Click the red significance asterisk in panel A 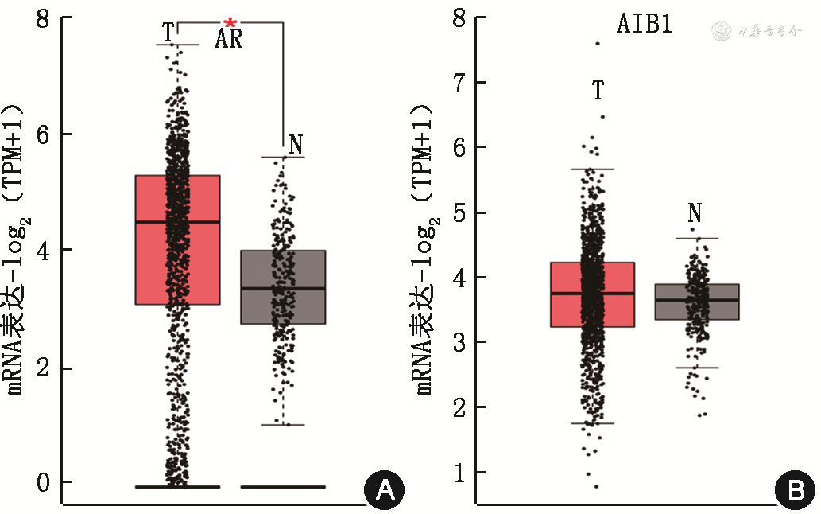(230, 22)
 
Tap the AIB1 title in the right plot (645, 24)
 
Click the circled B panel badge (794, 490)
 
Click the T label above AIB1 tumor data (598, 91)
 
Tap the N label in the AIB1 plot (695, 213)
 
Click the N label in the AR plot (296, 145)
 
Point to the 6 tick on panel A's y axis (45, 134)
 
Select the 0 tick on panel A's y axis (45, 482)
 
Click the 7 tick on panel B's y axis (459, 83)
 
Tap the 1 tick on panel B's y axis (459, 473)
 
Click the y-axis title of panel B (426, 247)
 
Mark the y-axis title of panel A (17, 247)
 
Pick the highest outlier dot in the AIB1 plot (598, 43)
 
